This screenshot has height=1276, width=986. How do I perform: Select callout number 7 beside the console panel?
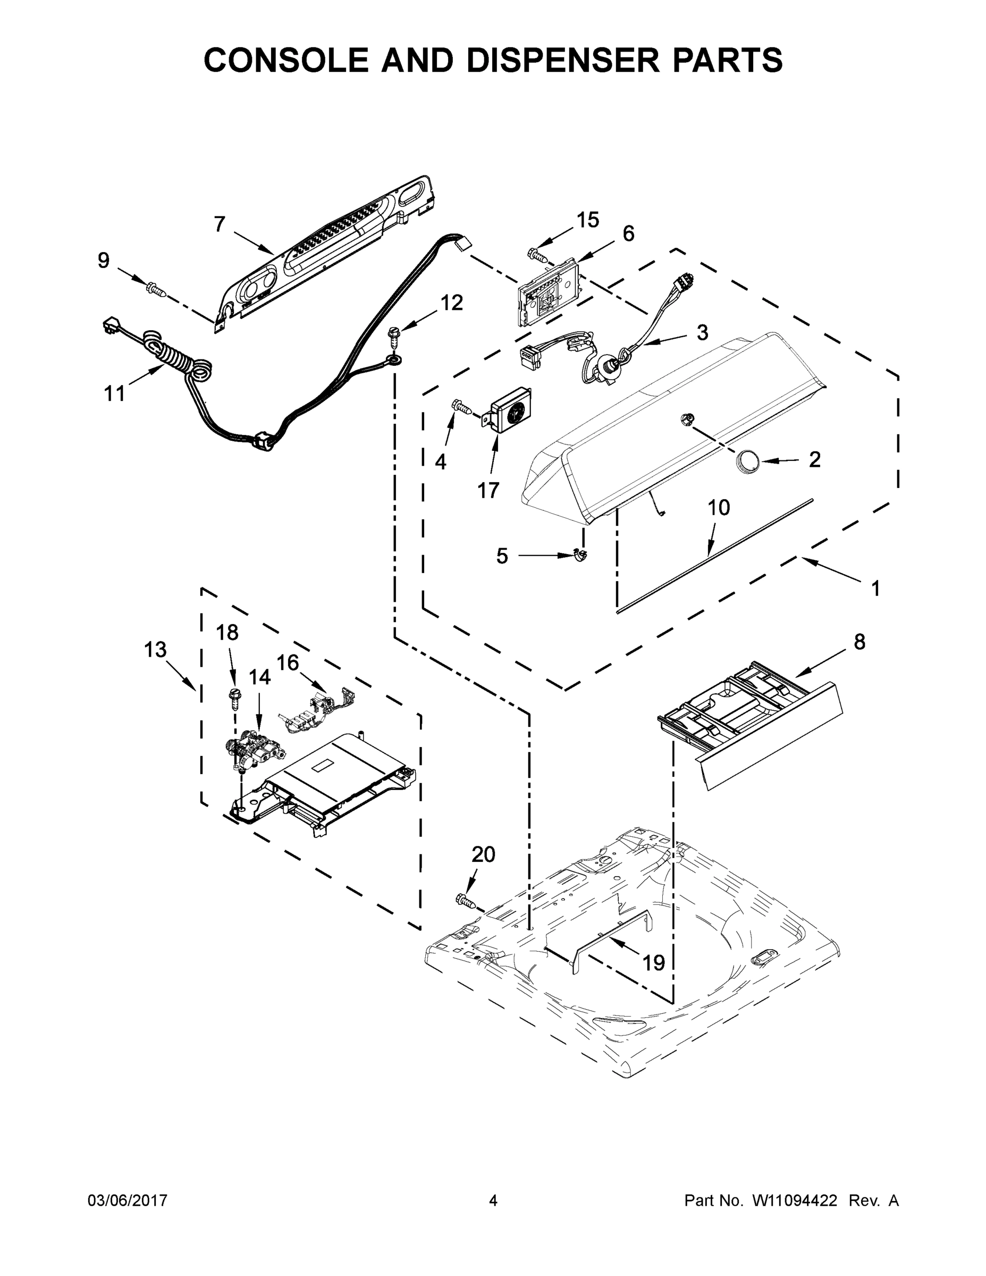(x=220, y=224)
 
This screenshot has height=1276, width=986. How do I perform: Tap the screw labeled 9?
(x=155, y=288)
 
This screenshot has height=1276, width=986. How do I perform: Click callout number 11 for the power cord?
(x=114, y=394)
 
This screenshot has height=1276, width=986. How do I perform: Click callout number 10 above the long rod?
(x=719, y=508)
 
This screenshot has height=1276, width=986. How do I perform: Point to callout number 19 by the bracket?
(x=654, y=962)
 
